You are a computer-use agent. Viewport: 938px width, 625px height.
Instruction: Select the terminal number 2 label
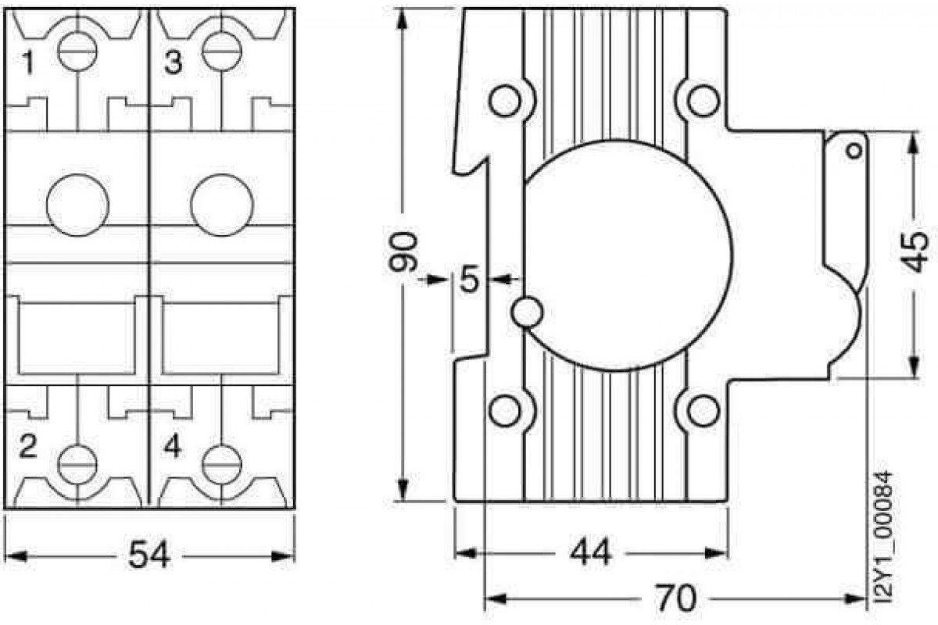[x=27, y=448]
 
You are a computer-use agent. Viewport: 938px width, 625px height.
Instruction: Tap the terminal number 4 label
[x=174, y=448]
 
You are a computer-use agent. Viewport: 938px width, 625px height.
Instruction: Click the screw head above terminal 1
[x=78, y=50]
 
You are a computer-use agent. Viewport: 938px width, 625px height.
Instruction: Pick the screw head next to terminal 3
[x=221, y=50]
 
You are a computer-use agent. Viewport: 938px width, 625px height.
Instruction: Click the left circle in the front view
[x=78, y=205]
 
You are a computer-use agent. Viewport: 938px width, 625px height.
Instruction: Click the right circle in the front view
[x=221, y=205]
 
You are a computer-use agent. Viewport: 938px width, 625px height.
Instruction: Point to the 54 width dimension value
[x=149, y=556]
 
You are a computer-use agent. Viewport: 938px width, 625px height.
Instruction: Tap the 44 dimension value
[x=592, y=554]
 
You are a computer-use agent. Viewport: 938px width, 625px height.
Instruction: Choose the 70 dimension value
[x=674, y=599]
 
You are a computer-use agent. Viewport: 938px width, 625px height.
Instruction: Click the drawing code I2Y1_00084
[x=883, y=538]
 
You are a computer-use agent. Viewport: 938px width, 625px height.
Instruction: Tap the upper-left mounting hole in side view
[x=504, y=100]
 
